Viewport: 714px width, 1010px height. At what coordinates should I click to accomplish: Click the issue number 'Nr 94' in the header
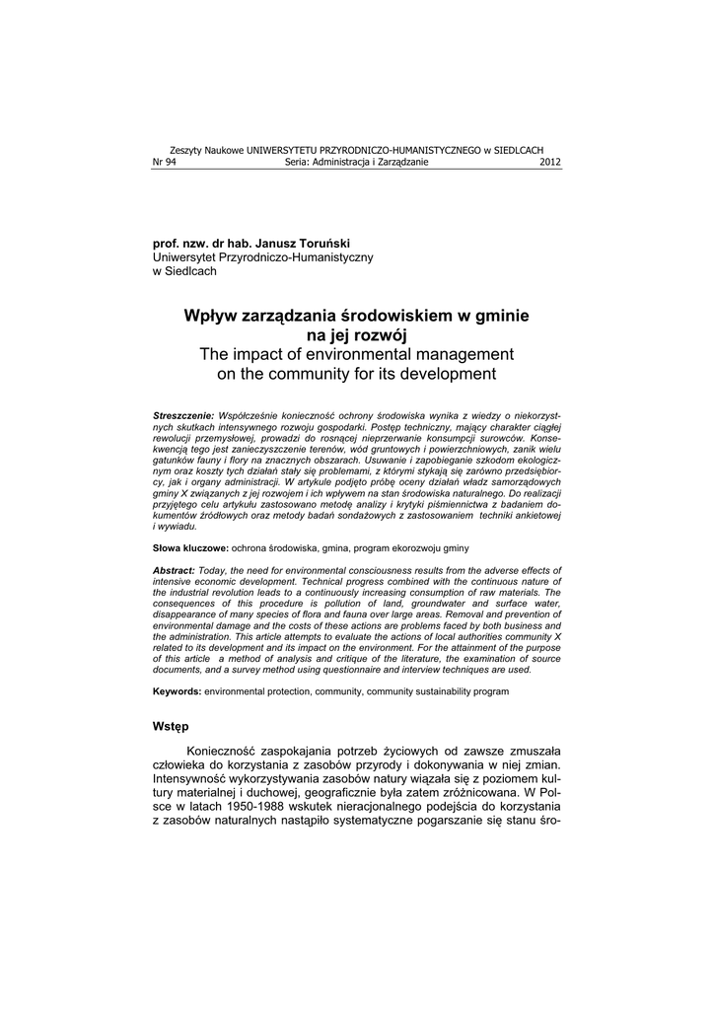[x=164, y=163]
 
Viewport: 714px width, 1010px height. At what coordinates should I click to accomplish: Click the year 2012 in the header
[x=550, y=163]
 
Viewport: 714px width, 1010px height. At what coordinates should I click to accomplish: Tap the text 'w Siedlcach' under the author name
[x=184, y=271]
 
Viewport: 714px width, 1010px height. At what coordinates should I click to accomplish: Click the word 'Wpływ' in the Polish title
[x=211, y=317]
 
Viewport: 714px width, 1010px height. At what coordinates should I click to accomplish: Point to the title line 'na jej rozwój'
[x=356, y=335]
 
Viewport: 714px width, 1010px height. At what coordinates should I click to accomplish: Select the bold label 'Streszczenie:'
[x=183, y=417]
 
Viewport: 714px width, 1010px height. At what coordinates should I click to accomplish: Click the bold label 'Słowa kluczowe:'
[x=190, y=546]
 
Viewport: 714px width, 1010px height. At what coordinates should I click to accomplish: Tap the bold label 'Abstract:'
[x=175, y=570]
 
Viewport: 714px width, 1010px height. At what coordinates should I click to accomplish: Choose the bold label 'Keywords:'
[x=177, y=691]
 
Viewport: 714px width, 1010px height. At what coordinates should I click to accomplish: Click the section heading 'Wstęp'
[x=171, y=727]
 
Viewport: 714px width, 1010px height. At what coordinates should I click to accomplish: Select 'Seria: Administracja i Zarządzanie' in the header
[x=356, y=163]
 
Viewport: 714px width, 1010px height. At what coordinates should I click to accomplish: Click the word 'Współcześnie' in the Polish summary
[x=249, y=417]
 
